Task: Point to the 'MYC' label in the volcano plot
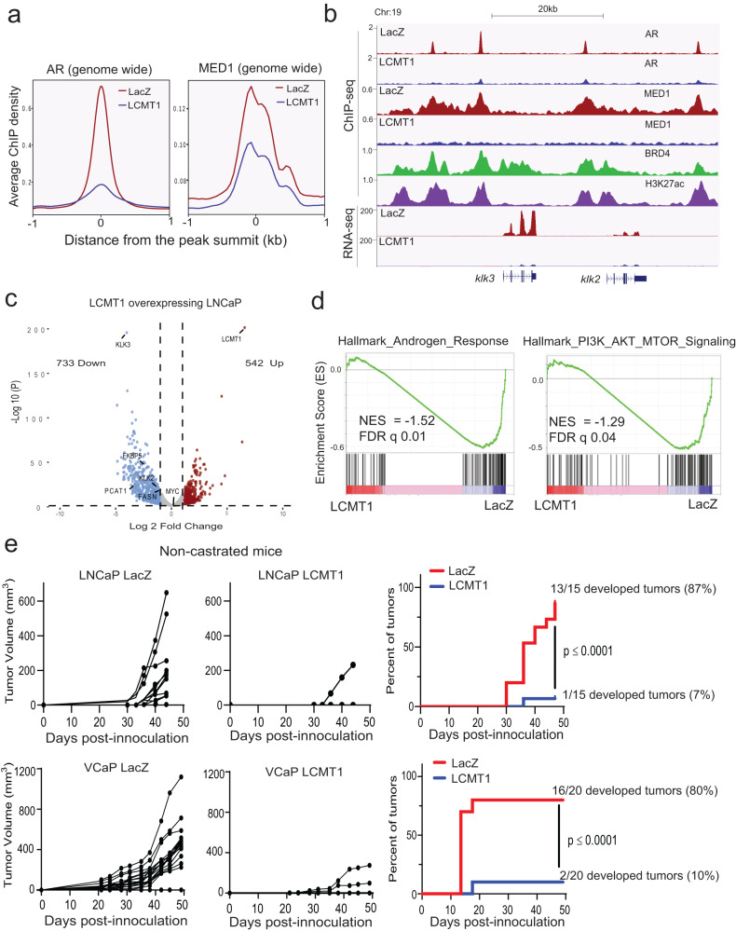tap(171, 491)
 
